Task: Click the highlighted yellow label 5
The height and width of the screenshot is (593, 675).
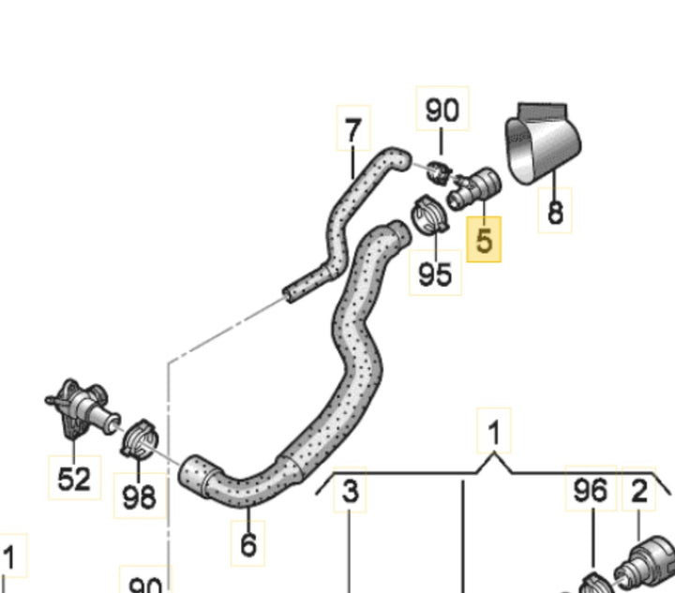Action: coord(484,240)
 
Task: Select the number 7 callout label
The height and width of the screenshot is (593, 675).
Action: coord(353,128)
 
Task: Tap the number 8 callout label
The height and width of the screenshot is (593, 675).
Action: coord(555,211)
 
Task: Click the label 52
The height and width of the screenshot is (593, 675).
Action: coord(74,478)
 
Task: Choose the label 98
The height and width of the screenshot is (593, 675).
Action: coord(140,496)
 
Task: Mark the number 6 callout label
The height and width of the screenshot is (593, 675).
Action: coord(248,543)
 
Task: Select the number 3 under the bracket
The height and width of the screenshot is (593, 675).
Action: coord(350,490)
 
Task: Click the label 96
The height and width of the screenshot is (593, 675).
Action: coord(591,488)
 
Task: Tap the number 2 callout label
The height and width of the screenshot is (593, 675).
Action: coord(639,490)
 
